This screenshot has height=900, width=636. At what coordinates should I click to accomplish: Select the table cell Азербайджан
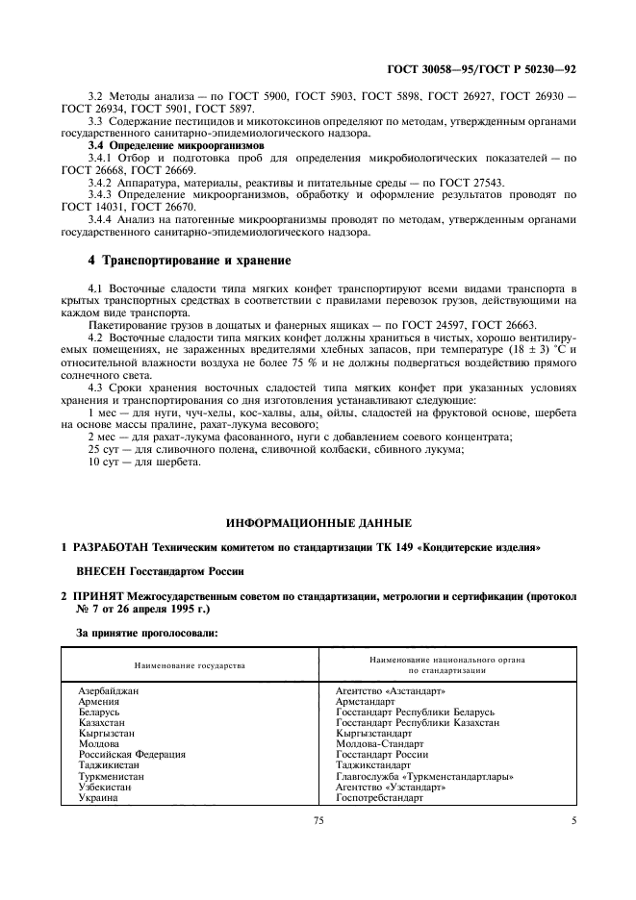114,691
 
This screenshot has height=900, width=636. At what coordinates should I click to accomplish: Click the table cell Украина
101,797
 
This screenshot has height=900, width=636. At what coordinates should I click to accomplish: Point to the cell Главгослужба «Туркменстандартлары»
424,776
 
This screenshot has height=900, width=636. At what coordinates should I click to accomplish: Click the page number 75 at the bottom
318,847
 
